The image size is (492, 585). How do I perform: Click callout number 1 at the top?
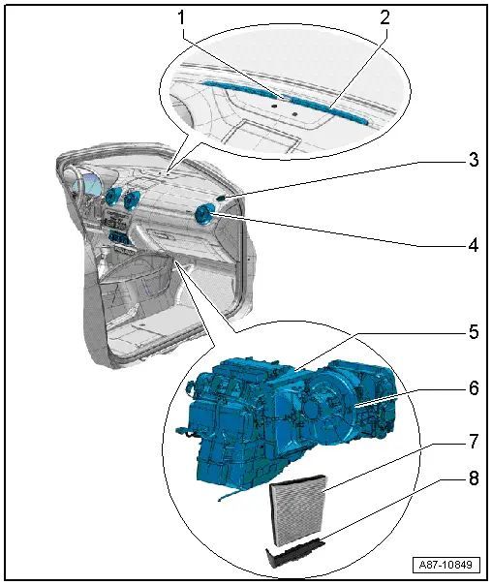pos(182,17)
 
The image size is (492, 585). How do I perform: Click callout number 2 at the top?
pos(384,17)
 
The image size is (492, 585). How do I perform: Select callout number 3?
pos(474,160)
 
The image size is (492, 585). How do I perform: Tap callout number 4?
pos(474,245)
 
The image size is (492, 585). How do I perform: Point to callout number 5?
pos(474,331)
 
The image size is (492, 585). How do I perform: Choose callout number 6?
pos(474,388)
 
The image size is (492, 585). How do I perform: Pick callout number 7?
pos(474,442)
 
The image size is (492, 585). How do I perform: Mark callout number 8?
pos(474,478)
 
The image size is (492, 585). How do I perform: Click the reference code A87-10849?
pos(446,564)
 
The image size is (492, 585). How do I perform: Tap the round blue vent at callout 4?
pos(204,215)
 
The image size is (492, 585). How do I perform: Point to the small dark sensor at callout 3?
pos(221,198)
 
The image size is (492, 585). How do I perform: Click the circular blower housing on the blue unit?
pos(327,410)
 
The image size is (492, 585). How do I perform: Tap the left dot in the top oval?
pos(274,107)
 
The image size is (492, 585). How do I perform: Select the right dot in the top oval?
pos(294,113)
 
